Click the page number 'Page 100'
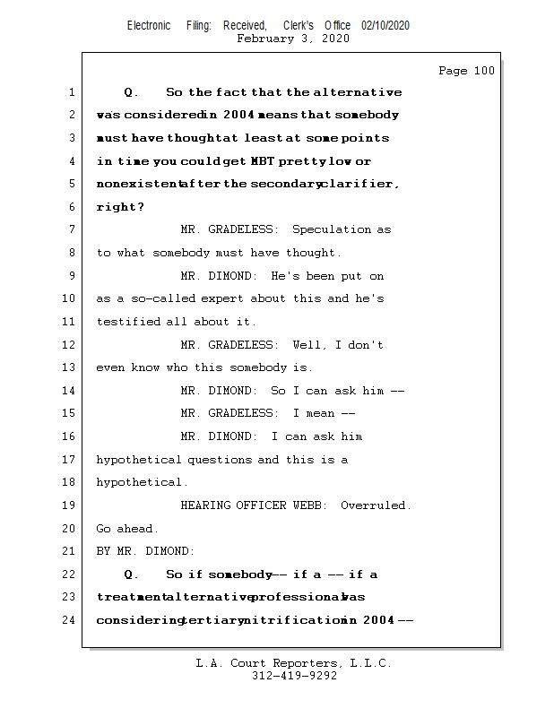click(x=466, y=72)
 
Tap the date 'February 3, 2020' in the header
click(x=292, y=39)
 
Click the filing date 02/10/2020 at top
click(x=385, y=26)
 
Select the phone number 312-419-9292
click(x=294, y=676)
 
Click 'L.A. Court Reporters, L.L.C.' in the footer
click(x=294, y=663)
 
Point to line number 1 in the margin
click(x=71, y=92)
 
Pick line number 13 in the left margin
click(x=68, y=367)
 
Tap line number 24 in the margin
click(x=68, y=619)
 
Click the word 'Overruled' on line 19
click(x=375, y=505)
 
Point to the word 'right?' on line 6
click(x=120, y=207)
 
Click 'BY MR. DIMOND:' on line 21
click(x=145, y=551)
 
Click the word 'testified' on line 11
click(x=129, y=322)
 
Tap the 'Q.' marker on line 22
click(x=131, y=574)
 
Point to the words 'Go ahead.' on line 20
click(x=127, y=529)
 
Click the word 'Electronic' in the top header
click(x=149, y=26)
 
